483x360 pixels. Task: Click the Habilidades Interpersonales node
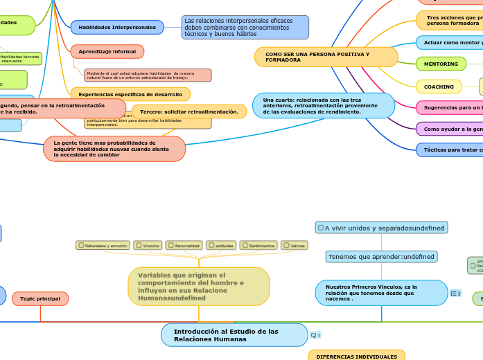click(x=117, y=27)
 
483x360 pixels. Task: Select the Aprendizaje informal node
click(x=107, y=51)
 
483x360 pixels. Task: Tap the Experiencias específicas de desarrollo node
click(x=130, y=93)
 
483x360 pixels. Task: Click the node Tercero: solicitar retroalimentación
click(x=188, y=111)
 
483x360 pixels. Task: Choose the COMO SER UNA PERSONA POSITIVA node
click(x=326, y=57)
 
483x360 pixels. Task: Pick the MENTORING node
click(x=441, y=64)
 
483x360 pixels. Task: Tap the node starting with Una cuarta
click(x=323, y=105)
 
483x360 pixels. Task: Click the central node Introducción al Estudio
click(x=234, y=335)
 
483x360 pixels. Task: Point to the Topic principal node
click(x=40, y=298)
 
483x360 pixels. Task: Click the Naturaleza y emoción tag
click(x=103, y=245)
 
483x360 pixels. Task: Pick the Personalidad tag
click(x=185, y=245)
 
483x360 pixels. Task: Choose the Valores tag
click(x=295, y=245)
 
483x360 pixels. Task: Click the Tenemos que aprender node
click(x=381, y=257)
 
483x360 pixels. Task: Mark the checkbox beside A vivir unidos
click(x=320, y=227)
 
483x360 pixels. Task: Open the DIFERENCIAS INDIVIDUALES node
click(x=356, y=356)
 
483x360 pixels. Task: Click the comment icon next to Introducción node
click(x=315, y=335)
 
